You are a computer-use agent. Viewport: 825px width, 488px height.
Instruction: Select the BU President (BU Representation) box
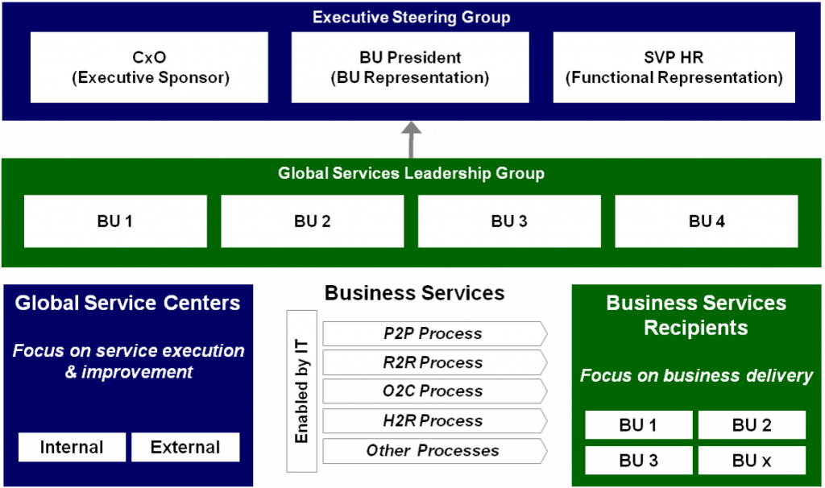[410, 68]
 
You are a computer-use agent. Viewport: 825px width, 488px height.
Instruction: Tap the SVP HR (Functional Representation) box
[674, 68]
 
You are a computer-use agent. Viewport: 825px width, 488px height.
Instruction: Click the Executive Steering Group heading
[411, 17]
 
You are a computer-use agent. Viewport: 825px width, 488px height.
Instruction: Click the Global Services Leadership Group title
[411, 173]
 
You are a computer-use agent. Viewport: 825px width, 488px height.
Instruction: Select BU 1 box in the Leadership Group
[115, 221]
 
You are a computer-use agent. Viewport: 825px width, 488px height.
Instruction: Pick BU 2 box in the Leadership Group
[312, 221]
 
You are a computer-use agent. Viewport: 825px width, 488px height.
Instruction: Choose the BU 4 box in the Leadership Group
[707, 221]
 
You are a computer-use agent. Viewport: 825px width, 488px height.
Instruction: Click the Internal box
[72, 447]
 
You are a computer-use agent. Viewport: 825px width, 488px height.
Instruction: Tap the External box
[185, 447]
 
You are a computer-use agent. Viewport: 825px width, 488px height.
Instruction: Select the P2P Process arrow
[433, 333]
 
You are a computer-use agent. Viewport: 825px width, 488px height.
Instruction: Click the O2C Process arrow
[433, 391]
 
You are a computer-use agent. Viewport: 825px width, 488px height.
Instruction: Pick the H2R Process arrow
[433, 420]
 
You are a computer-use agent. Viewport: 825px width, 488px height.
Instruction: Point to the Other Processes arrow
[433, 450]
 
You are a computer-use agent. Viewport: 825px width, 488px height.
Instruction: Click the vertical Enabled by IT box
[302, 391]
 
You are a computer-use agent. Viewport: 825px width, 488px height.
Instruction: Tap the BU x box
[752, 461]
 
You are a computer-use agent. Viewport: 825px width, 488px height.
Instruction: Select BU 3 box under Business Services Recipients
[638, 461]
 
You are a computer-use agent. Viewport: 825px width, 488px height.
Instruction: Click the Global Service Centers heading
[127, 304]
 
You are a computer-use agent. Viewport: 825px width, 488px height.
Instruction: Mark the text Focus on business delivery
[696, 375]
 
